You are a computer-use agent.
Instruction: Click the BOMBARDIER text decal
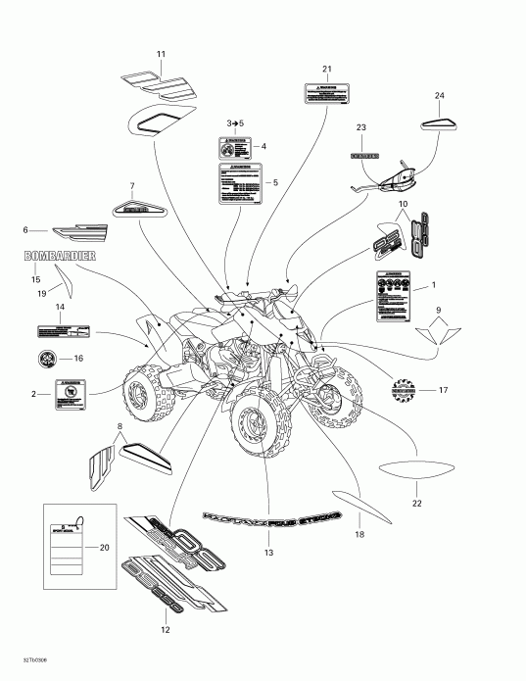click(x=61, y=256)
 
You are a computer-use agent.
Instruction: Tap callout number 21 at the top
click(x=327, y=68)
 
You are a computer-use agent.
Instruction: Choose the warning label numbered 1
click(x=398, y=298)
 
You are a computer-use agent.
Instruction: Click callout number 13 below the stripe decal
click(x=267, y=553)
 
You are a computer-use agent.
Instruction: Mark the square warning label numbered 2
click(x=70, y=394)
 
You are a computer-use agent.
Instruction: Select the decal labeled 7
click(x=132, y=208)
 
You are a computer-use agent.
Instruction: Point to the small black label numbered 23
click(x=361, y=155)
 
